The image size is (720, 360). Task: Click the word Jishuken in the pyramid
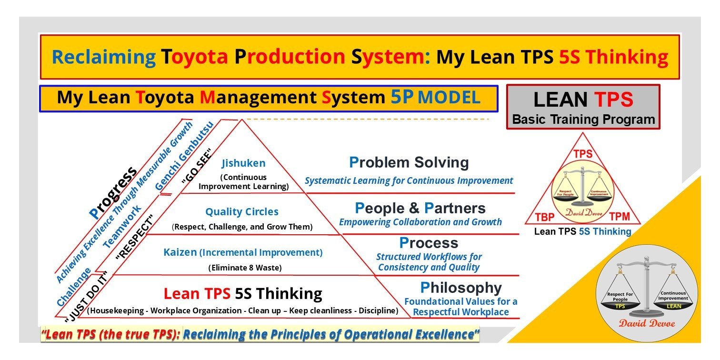[243, 163]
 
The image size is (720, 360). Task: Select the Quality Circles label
[242, 212]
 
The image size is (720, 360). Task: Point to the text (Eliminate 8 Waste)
[245, 268]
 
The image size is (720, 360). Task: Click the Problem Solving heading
[409, 163]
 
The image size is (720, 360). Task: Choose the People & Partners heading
[420, 208]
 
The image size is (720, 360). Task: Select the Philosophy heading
[460, 288]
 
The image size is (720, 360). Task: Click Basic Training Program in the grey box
[583, 119]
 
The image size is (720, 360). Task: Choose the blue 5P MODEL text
[435, 97]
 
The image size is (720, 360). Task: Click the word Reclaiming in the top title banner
[103, 57]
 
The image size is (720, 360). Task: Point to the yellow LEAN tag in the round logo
[673, 306]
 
